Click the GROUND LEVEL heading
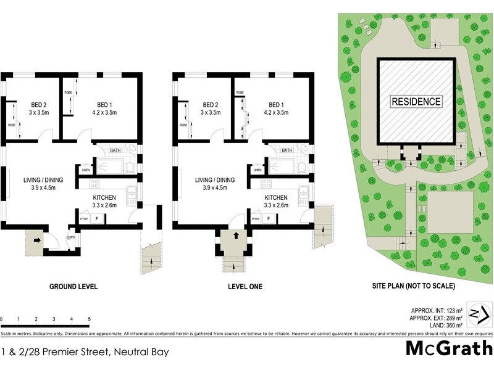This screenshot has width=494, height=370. tap(74, 287)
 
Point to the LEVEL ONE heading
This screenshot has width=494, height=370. tap(245, 287)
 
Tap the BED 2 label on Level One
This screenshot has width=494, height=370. tap(211, 105)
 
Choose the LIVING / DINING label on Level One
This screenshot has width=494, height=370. tap(212, 179)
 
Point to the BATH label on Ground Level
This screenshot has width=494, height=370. tap(115, 150)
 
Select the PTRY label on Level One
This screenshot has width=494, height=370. tap(255, 218)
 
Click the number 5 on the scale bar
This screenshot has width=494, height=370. tap(90, 319)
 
